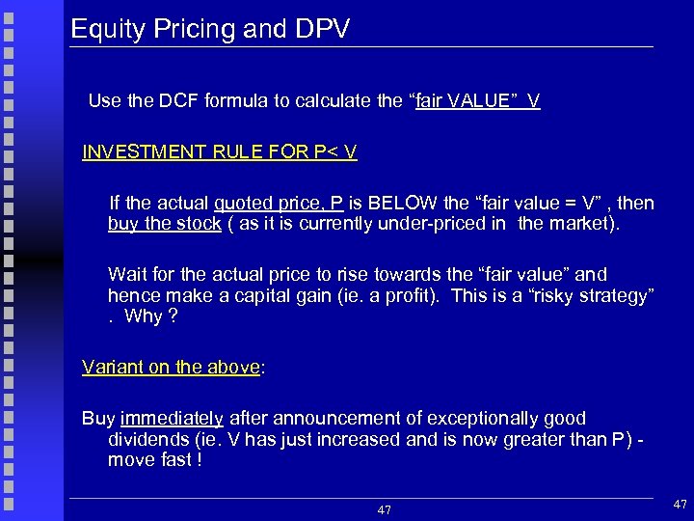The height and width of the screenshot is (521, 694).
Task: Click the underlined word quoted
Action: point(244,204)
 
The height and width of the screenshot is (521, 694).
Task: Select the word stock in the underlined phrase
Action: point(199,225)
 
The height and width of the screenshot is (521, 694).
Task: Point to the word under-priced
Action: point(461,225)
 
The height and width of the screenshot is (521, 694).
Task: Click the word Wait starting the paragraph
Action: point(126,275)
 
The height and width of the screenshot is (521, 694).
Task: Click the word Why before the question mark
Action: point(143,317)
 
